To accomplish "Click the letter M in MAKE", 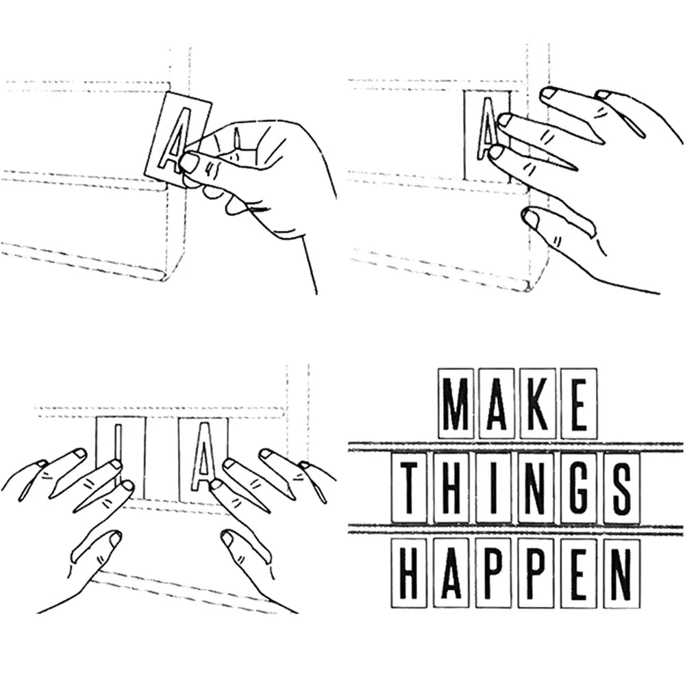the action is click(456, 403).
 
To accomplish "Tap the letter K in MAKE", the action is click(537, 403).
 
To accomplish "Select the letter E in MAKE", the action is click(580, 403).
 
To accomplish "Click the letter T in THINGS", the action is click(410, 488).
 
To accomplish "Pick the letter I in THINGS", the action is click(494, 488).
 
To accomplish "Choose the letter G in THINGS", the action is click(580, 488).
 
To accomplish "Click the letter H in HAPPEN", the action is click(410, 573).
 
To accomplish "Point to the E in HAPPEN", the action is click(580, 573).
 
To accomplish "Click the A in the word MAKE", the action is click(496, 403).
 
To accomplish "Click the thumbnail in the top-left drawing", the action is click(189, 162).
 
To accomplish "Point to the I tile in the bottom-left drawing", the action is click(119, 458).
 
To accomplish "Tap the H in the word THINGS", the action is click(451, 488).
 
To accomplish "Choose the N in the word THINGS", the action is click(536, 488).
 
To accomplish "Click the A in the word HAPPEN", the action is click(451, 573).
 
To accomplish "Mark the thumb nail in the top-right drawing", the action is click(532, 219).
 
